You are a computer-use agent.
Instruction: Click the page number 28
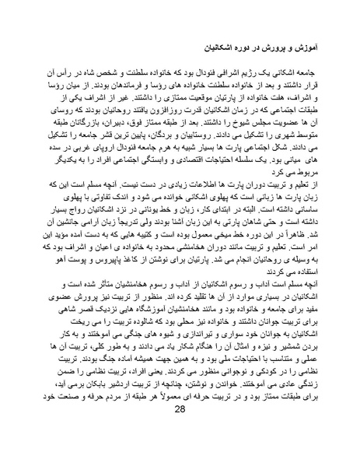[180, 433]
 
